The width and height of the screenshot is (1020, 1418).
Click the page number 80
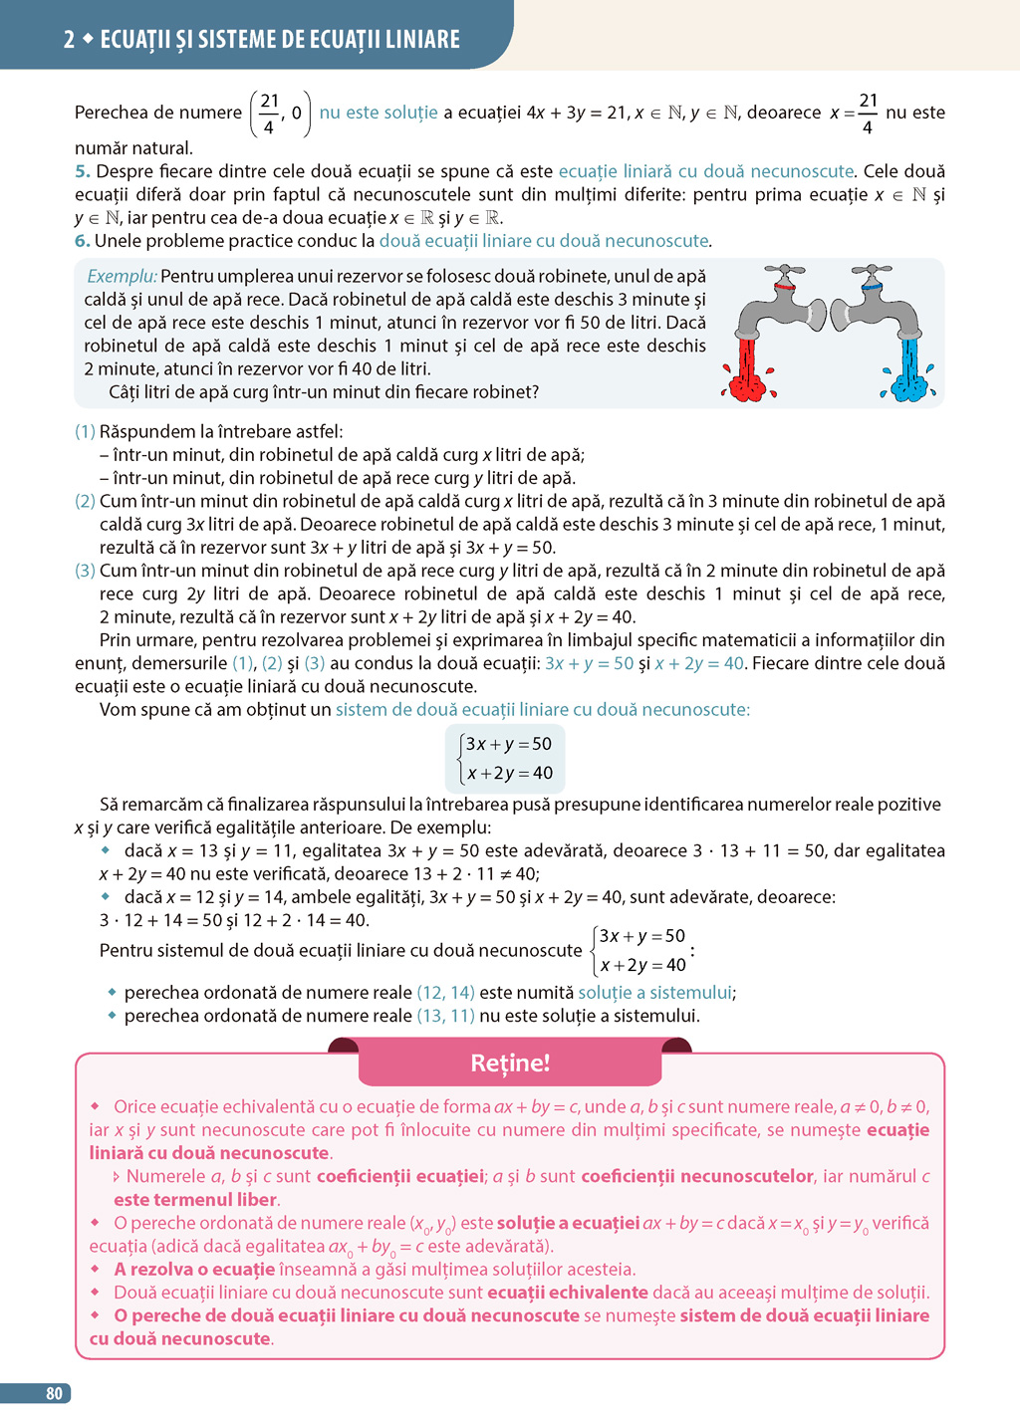(54, 1393)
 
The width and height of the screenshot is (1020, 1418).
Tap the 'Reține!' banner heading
(510, 1063)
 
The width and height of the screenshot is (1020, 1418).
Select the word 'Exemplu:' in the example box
(122, 276)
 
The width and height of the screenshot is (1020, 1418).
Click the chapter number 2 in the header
(69, 40)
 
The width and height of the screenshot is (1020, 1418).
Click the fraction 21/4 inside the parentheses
(269, 114)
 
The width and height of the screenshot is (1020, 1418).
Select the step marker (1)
(85, 431)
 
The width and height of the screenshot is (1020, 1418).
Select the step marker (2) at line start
(85, 501)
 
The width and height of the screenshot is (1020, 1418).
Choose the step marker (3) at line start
(85, 571)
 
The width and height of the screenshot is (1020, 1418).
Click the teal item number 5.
(82, 171)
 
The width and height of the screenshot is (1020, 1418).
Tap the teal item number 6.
(82, 241)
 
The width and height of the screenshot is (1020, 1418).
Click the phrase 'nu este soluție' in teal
(379, 113)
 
